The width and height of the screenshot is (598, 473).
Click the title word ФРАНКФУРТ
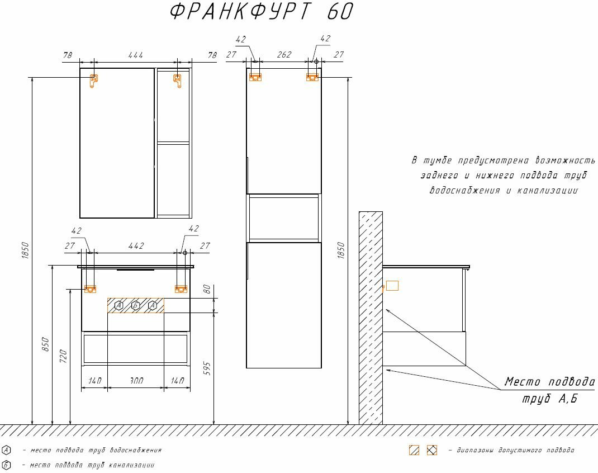click(240, 11)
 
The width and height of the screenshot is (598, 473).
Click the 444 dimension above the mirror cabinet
click(135, 55)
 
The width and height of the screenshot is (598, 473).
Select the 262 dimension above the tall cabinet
click(284, 55)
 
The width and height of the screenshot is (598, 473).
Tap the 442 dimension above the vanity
click(136, 246)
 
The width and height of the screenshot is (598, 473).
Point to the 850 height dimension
click(45, 344)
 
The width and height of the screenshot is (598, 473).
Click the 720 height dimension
click(63, 356)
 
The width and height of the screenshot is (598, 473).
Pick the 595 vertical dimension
click(207, 368)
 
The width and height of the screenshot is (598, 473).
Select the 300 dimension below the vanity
click(136, 381)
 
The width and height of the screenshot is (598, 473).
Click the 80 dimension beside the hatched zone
click(207, 289)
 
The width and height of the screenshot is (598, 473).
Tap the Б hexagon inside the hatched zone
click(135, 305)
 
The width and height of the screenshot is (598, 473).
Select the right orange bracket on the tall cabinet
click(312, 77)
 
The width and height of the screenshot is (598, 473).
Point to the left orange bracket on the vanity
click(90, 288)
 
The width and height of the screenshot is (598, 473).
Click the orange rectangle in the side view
click(392, 286)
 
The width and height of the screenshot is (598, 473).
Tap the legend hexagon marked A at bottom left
click(6, 450)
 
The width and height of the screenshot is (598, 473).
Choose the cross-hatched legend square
click(431, 450)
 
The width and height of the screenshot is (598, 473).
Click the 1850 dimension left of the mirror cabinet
click(25, 250)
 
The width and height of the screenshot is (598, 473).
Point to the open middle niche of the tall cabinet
click(284, 218)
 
